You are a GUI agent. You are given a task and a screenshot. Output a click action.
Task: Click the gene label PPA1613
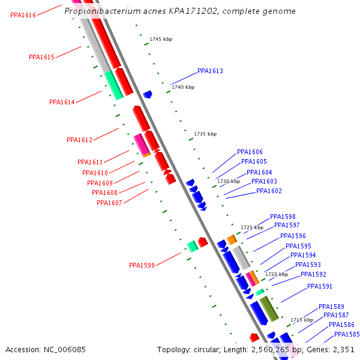point(210,71)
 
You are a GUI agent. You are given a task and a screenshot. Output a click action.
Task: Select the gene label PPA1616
point(23,15)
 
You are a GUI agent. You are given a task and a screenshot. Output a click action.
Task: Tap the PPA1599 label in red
point(142,265)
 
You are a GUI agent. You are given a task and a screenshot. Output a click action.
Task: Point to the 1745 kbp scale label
point(161,39)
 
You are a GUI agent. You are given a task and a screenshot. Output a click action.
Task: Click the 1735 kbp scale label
point(205,134)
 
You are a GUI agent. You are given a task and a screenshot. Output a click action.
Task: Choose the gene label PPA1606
point(250,152)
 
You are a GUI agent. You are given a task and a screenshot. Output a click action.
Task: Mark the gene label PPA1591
point(320,287)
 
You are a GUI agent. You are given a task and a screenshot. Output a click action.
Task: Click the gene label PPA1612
point(79,140)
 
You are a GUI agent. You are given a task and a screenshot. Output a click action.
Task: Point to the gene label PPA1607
point(109,203)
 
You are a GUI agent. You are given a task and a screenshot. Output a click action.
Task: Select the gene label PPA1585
point(347,334)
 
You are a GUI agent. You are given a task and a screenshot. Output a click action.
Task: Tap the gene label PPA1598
point(283,217)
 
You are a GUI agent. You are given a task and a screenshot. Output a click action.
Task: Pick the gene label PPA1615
point(41,58)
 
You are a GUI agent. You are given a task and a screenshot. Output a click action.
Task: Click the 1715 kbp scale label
point(302,320)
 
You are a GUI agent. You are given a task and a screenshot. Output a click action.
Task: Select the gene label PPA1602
point(269,191)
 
